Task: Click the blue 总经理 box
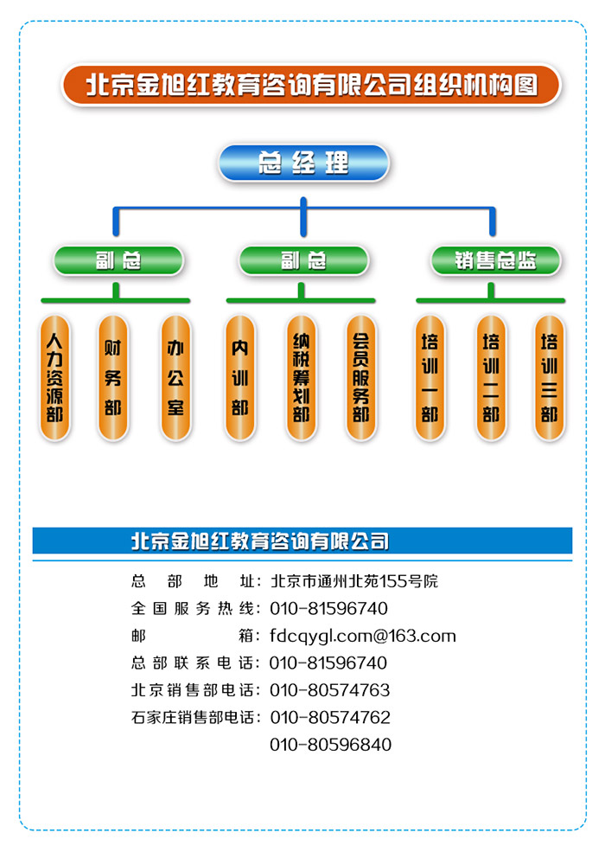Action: tap(303, 163)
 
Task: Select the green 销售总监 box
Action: tap(495, 260)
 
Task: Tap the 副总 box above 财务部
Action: tap(118, 260)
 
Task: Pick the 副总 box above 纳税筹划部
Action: tap(303, 260)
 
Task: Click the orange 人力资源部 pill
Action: tap(54, 378)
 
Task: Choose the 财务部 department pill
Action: tap(112, 378)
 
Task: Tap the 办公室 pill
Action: tap(175, 378)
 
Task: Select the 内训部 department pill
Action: tap(239, 378)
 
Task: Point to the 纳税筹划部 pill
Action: tap(301, 378)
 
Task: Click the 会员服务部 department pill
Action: tap(361, 378)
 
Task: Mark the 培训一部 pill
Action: tap(430, 378)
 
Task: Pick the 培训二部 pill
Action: tap(491, 378)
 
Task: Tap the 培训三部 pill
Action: tap(549, 378)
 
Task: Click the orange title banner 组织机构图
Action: tap(311, 85)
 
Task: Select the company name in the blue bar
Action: tap(260, 541)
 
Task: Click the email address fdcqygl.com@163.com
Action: tap(363, 636)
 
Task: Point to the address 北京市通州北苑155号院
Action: tap(354, 581)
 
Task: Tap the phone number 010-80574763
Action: tap(330, 690)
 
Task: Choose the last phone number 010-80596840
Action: tap(330, 744)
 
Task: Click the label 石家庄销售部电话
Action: tap(192, 717)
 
